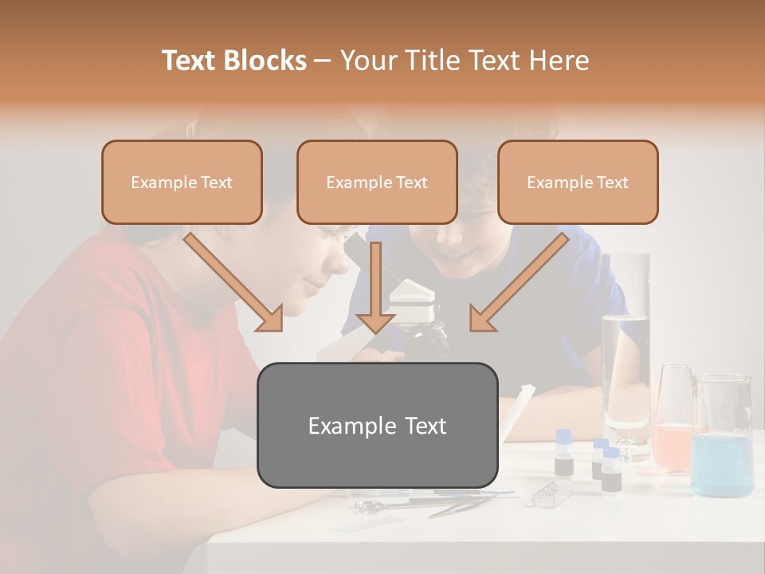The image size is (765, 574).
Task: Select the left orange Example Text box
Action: point(182,183)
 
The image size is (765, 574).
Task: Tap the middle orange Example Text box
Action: point(377,183)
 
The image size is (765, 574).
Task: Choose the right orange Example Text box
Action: point(578,183)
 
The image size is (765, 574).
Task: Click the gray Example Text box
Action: point(377,425)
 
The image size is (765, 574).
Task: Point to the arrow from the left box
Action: point(236,283)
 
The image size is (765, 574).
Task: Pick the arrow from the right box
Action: point(518,283)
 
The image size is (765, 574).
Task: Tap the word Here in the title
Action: point(561,61)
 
